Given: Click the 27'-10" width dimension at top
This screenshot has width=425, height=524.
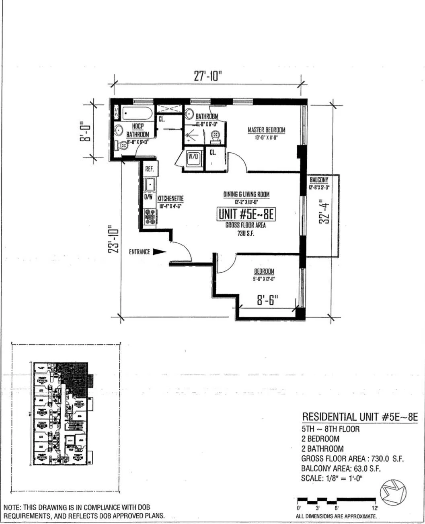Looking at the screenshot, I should [207, 76].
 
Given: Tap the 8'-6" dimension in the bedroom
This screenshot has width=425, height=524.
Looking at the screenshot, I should [267, 300].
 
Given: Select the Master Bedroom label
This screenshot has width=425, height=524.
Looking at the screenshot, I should [266, 130].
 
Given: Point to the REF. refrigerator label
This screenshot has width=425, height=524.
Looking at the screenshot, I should [150, 169].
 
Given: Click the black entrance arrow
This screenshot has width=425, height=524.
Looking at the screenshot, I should [160, 252].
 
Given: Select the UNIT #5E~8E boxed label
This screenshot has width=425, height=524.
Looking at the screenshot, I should [246, 214].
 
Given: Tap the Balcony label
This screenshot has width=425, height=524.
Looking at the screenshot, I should [319, 180].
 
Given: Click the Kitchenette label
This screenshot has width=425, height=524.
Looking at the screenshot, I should [170, 199].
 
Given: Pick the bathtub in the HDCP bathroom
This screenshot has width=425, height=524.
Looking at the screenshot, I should [137, 113].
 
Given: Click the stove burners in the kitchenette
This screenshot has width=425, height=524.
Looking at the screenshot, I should [150, 217].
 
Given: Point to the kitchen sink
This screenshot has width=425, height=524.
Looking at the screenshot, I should [150, 185].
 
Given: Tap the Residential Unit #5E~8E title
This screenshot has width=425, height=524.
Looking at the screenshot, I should [359, 417].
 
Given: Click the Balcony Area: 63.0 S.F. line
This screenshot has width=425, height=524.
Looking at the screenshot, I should [341, 468].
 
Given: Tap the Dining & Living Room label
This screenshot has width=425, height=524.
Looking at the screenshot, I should [246, 194].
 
